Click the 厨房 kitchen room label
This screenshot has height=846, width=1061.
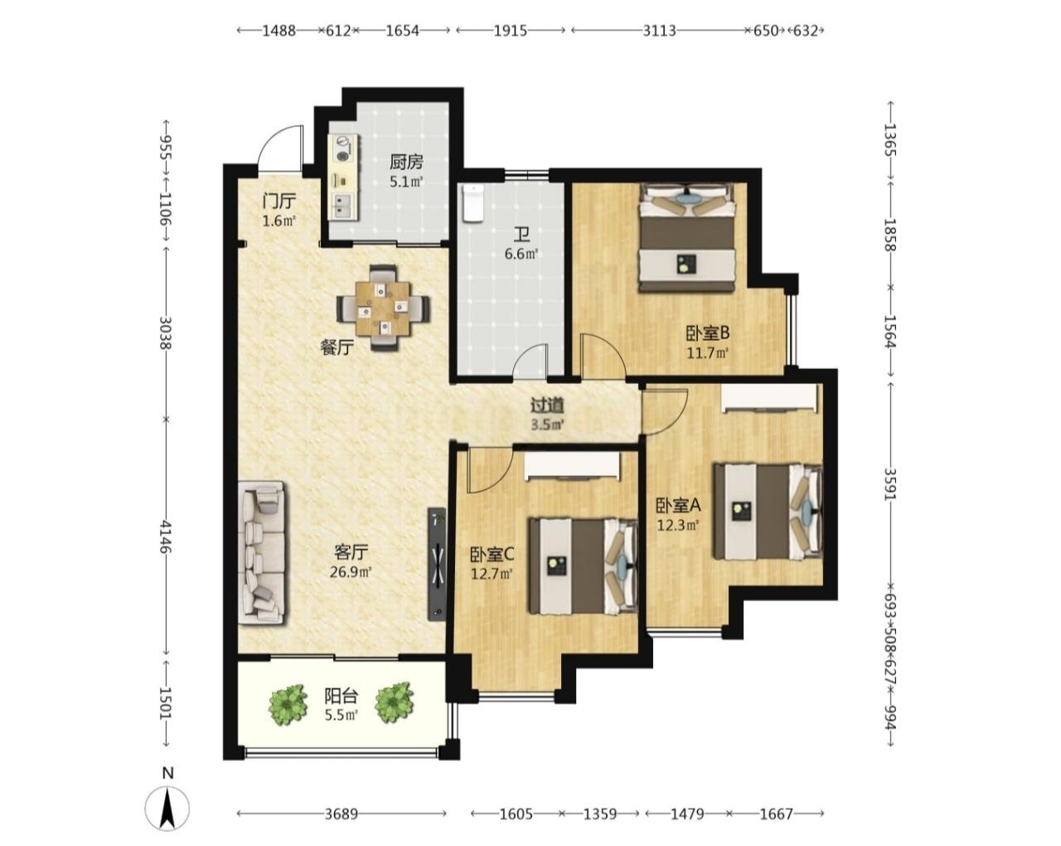coord(406,162)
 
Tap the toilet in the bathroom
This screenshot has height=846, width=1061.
coord(473,203)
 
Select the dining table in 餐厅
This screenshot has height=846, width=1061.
coord(383,308)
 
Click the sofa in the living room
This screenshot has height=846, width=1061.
coord(261,553)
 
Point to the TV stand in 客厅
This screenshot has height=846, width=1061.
coord(436,563)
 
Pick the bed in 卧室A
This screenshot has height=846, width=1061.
coord(768,511)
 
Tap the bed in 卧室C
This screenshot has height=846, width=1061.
coord(584,566)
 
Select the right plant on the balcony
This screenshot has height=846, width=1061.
coord(394,703)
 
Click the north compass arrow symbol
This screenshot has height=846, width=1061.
coord(167,822)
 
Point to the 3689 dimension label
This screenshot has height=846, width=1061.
coord(342,814)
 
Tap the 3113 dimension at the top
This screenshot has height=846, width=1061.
coord(659,31)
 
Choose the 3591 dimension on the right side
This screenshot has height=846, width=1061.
coord(889,484)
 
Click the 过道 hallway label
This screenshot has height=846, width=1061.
coord(547,405)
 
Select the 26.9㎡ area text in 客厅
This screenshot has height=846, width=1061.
coord(351,571)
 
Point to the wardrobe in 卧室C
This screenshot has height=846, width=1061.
coord(573,466)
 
